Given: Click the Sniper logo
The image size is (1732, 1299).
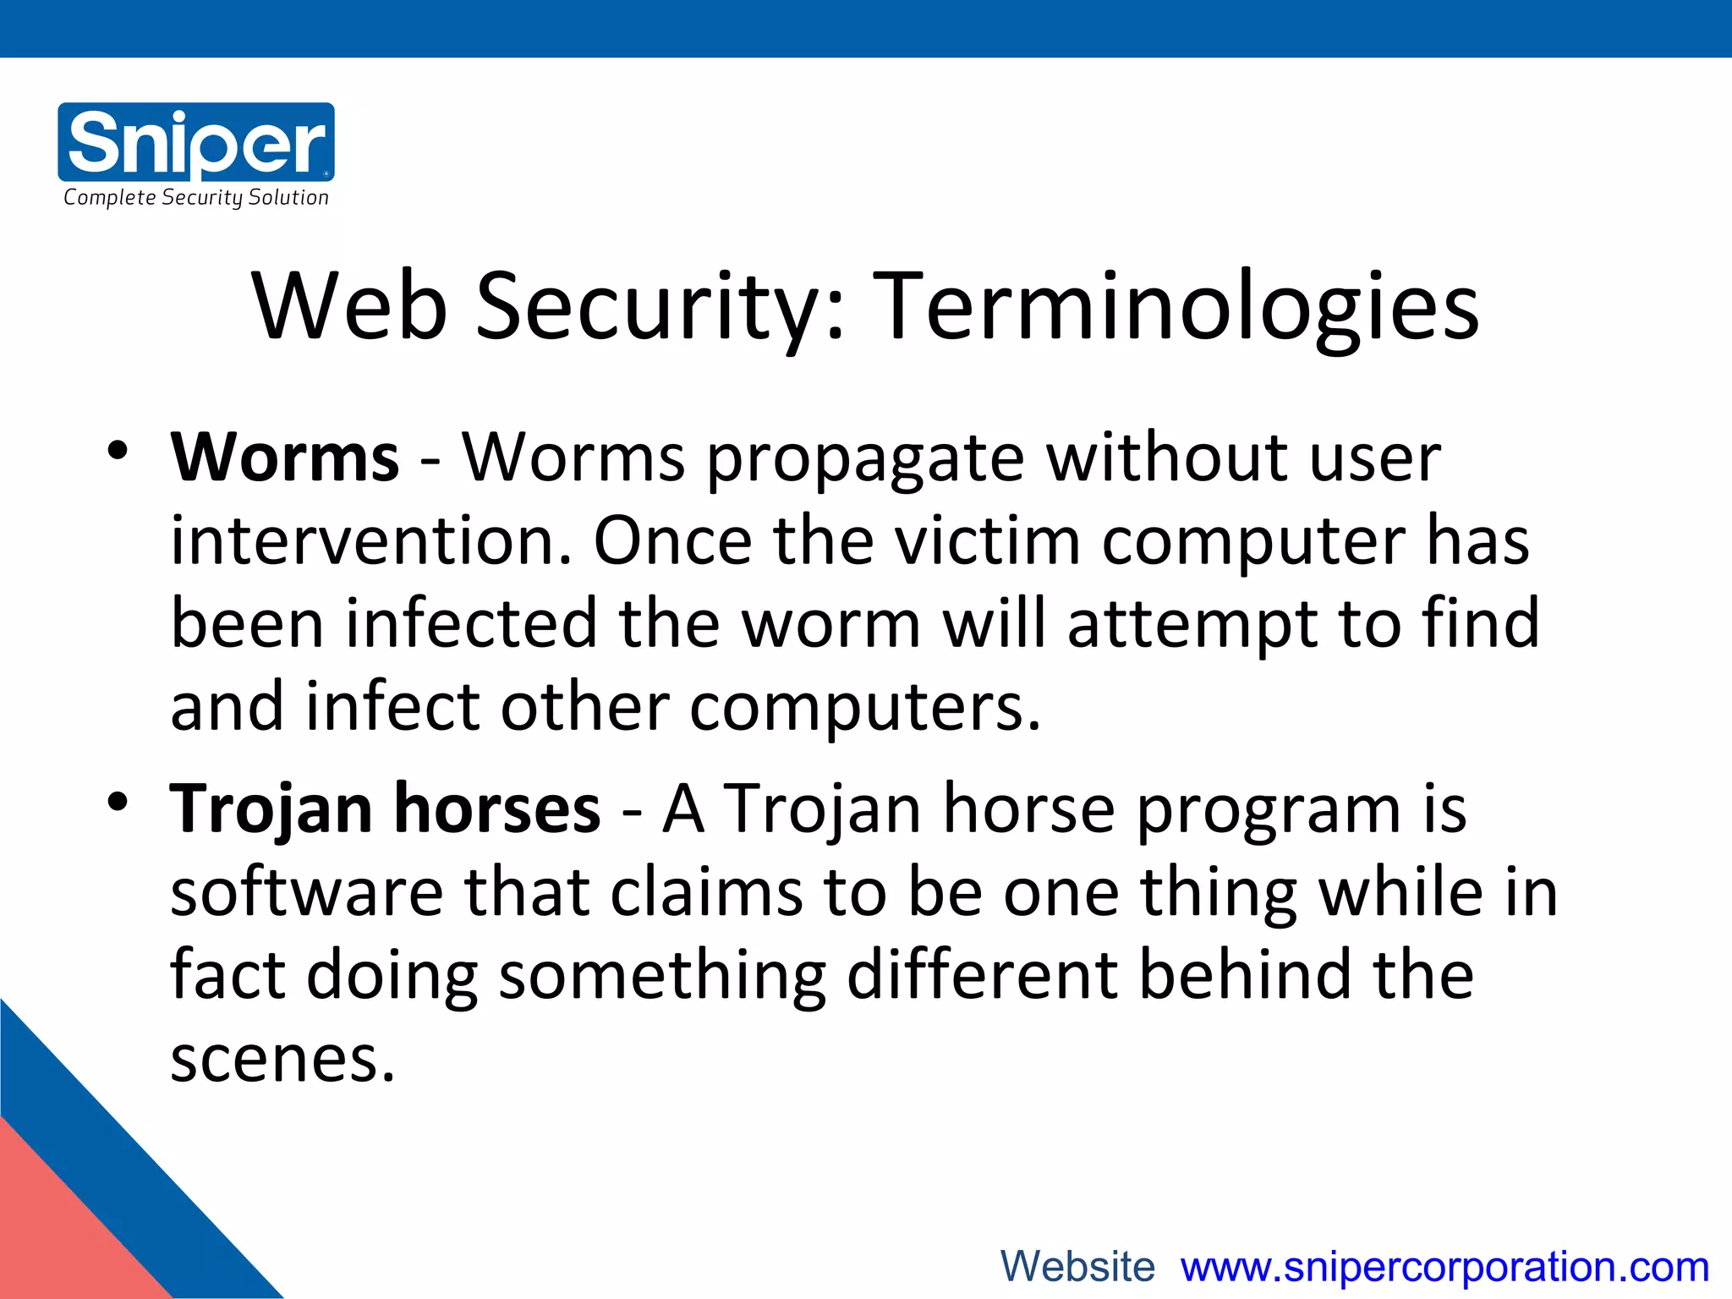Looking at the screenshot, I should [196, 141].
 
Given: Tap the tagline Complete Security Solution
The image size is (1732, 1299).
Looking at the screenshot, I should [196, 198].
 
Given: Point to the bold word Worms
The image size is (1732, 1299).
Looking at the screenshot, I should [284, 458].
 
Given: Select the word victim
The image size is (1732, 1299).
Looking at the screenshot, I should [988, 540].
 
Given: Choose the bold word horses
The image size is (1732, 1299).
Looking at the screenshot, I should [497, 809].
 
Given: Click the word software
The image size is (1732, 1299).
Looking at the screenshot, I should [307, 892].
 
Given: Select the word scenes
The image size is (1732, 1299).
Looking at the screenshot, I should [282, 1060].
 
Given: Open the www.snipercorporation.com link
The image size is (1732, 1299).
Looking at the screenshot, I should [1445, 1267].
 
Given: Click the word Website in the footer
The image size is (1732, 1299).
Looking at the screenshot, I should [1077, 1267].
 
